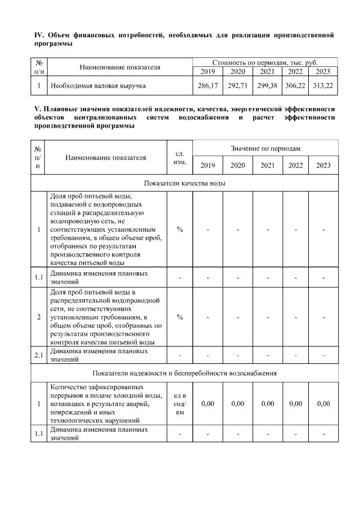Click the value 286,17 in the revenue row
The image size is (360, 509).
[208, 86]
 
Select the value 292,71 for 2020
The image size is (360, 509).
[237, 86]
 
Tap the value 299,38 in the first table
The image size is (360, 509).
[267, 86]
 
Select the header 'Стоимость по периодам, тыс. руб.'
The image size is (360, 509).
[265, 62]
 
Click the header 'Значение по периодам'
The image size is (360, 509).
[265, 147]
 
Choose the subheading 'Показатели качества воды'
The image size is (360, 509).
[184, 183]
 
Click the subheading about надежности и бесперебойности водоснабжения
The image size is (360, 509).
[184, 373]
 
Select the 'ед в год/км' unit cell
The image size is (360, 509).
[179, 404]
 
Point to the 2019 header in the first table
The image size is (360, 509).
[208, 71]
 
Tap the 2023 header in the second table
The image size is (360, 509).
[323, 165]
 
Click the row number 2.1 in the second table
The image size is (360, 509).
[39, 355]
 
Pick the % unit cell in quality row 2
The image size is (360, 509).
[179, 317]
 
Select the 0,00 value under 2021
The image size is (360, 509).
[267, 404]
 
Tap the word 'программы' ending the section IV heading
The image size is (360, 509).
[53, 44]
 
